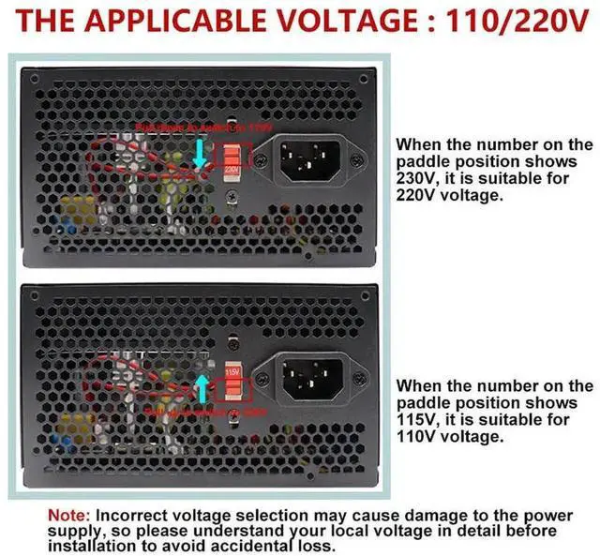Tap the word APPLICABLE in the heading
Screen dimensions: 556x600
[170, 22]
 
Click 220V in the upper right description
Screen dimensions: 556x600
[417, 197]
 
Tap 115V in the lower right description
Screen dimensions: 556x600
[416, 419]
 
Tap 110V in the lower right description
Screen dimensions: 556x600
[417, 437]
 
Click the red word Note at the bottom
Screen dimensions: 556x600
[69, 516]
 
